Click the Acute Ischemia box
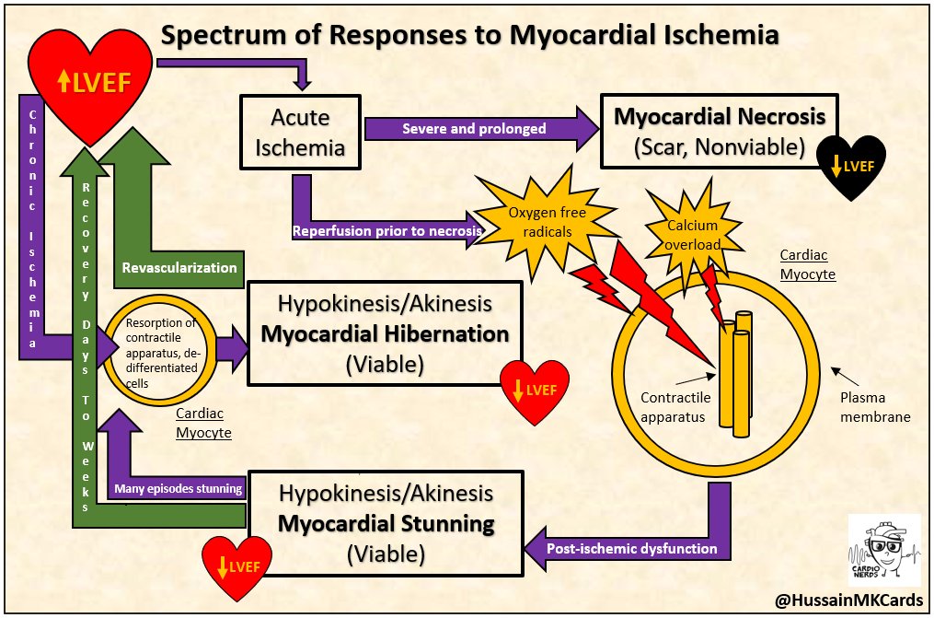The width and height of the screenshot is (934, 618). click(x=300, y=133)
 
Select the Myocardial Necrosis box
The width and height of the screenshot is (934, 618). click(x=719, y=131)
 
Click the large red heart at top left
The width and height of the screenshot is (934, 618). click(x=90, y=84)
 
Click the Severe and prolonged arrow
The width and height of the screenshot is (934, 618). click(x=481, y=129)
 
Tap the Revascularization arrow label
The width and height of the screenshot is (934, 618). click(x=179, y=268)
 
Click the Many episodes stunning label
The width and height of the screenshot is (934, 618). click(x=179, y=489)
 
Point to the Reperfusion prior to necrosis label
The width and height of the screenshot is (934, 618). click(x=387, y=230)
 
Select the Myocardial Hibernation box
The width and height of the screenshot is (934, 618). click(x=385, y=333)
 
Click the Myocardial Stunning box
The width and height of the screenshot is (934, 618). click(x=386, y=524)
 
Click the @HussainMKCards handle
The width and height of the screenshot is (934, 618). click(x=848, y=600)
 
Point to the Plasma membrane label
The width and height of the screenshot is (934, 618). click(x=875, y=407)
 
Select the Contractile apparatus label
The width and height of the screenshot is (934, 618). click(x=675, y=407)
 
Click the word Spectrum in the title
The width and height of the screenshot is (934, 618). click(x=241, y=35)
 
